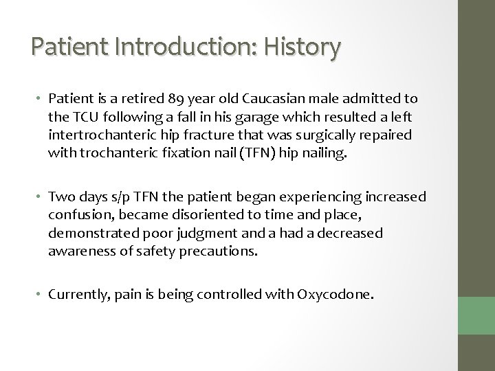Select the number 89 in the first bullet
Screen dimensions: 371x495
click(x=172, y=102)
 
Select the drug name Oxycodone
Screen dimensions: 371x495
click(x=336, y=295)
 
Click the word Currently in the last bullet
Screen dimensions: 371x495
click(x=76, y=295)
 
